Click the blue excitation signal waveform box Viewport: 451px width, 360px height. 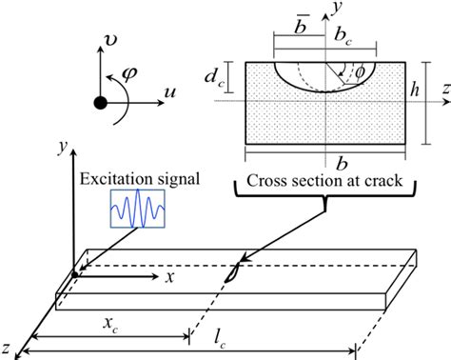(x=138, y=210)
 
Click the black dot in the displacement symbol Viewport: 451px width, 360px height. (x=99, y=103)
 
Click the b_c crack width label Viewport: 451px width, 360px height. (x=343, y=34)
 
